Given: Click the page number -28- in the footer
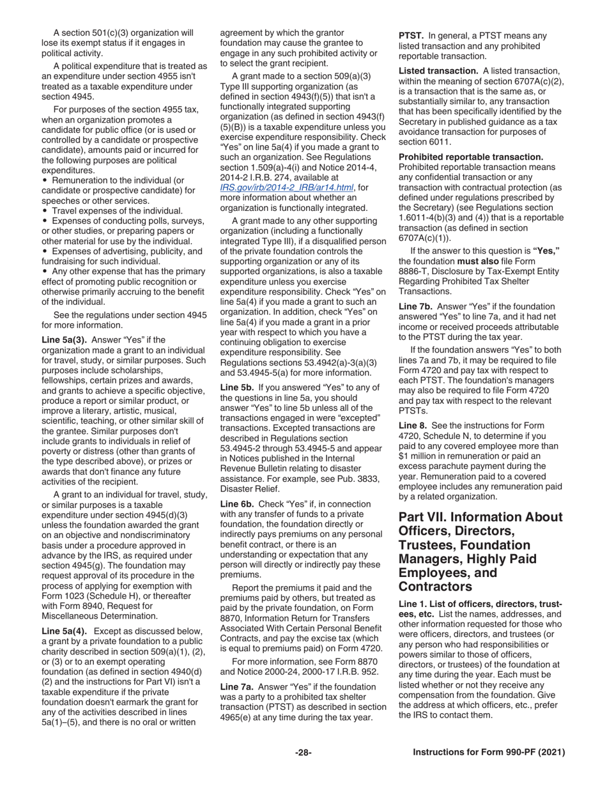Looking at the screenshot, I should click(303, 752).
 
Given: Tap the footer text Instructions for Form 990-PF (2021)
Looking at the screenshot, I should click(489, 752).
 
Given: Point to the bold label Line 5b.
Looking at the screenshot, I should click(237, 388).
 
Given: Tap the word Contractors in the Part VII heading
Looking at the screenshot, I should click(435, 587).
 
